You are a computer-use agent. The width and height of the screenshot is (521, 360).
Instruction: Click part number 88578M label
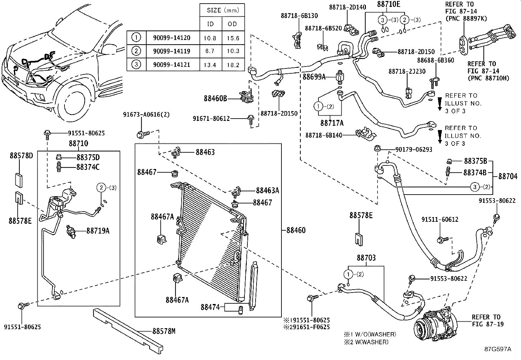click(x=164, y=331)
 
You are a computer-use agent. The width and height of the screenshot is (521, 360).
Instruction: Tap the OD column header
click(x=233, y=24)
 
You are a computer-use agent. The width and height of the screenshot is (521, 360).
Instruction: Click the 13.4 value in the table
click(x=210, y=65)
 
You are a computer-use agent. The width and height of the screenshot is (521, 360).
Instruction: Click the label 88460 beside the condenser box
click(x=296, y=230)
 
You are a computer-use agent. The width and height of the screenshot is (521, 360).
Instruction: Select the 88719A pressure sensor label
click(x=98, y=231)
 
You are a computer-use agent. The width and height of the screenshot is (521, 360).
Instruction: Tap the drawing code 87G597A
click(x=498, y=349)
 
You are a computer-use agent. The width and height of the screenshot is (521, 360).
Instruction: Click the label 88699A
click(x=314, y=77)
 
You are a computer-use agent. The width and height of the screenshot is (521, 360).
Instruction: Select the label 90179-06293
click(x=414, y=149)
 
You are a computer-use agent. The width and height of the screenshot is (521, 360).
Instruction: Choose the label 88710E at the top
click(x=388, y=4)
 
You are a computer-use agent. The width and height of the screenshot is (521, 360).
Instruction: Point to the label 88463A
click(x=267, y=190)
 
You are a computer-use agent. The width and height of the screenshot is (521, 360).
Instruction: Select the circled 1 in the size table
click(x=136, y=38)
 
